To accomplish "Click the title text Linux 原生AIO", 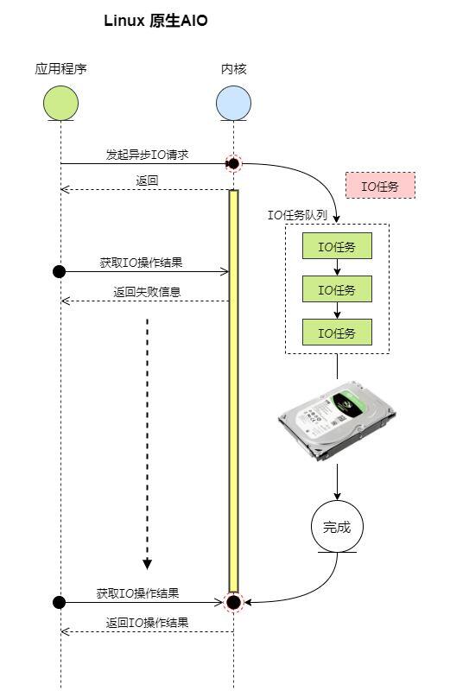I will coord(155,21).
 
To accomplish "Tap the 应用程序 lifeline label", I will coord(60,68).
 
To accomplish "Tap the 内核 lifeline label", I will coord(233,68).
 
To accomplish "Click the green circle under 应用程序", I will coord(60,103).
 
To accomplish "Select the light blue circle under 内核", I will coord(233,103).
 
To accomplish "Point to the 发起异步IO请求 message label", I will coord(147,155).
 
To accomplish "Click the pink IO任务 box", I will coord(380,186).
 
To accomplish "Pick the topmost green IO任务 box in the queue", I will coord(337,247).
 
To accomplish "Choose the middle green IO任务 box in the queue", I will coord(337,289).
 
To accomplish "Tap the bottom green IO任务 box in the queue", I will coord(337,333).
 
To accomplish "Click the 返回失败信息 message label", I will coord(147,292).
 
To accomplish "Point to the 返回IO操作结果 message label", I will coord(147,623).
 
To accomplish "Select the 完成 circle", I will coord(337,526).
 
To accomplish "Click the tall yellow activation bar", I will coord(233,389).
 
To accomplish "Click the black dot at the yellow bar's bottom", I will coord(233,601).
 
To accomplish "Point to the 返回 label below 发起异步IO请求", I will coord(147,181).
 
